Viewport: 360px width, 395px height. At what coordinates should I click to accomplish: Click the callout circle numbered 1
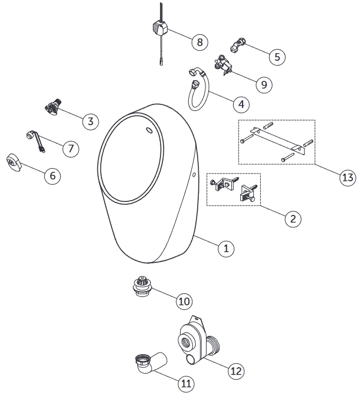(224, 249)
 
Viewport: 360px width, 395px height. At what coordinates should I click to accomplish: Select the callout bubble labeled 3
(90, 122)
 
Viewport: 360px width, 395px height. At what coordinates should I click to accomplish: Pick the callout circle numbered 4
(240, 105)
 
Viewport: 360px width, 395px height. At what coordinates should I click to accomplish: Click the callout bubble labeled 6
(52, 175)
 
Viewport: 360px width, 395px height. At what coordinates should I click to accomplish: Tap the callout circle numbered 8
(199, 42)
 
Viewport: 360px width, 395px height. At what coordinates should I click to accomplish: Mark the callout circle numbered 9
(263, 84)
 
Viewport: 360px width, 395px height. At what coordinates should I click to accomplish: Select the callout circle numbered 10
(184, 301)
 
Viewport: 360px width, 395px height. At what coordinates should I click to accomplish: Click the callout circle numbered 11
(186, 384)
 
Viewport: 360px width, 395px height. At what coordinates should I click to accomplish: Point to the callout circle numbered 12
(235, 371)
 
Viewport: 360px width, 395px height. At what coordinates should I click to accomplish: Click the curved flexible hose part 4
(195, 94)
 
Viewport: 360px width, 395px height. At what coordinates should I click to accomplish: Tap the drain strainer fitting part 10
(142, 287)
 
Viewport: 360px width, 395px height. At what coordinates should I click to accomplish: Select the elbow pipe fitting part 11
(148, 364)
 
